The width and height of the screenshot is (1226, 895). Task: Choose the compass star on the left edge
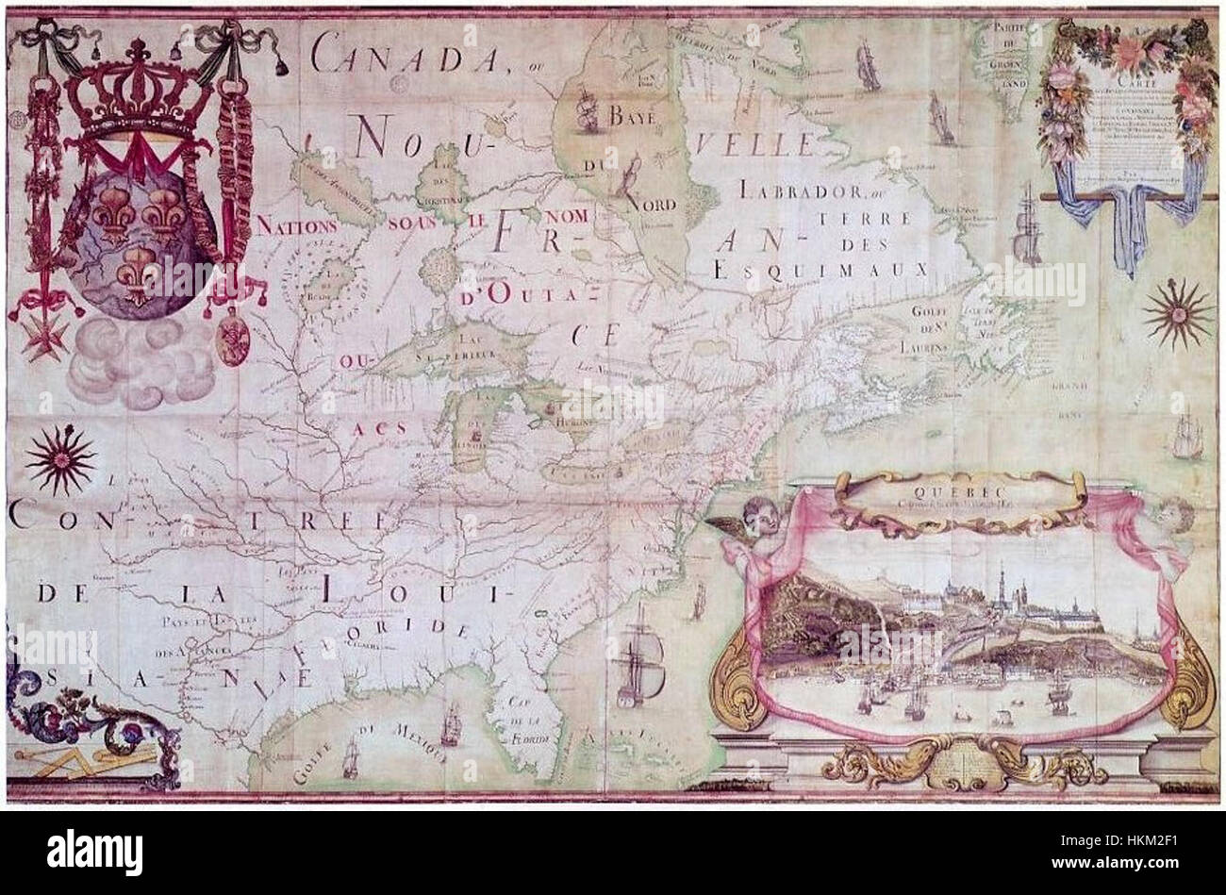pos(59,458)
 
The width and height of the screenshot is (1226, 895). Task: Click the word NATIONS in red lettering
pos(297,226)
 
